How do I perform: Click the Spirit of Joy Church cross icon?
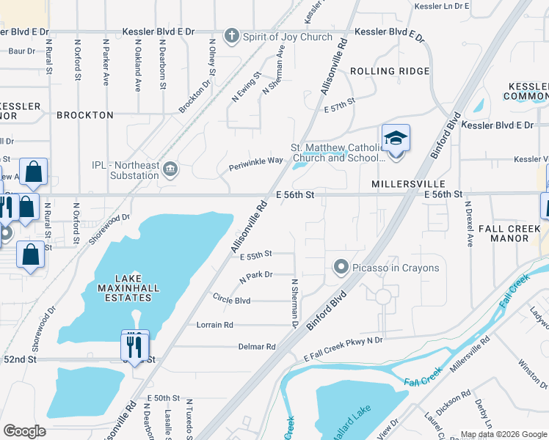coord(232,35)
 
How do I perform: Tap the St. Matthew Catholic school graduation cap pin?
coord(396,139)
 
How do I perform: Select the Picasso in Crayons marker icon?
coord(341,268)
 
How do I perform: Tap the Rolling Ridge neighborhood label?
coord(390,71)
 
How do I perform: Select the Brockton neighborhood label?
coord(85,115)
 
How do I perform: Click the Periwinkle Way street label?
coord(255,161)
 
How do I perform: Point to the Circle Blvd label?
coord(231,300)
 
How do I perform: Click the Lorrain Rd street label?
coord(214,324)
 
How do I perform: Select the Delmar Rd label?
coord(256,346)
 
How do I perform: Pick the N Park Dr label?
coord(256,277)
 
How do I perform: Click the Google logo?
coord(24,431)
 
